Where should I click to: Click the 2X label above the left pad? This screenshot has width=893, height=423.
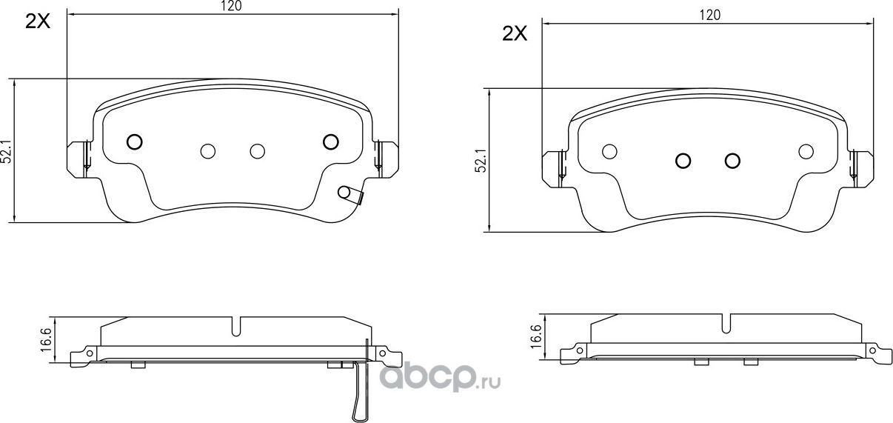[37, 21]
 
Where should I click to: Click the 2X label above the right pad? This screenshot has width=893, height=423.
[514, 33]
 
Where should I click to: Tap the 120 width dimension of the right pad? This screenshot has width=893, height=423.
[709, 15]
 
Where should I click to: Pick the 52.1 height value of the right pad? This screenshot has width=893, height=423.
[482, 161]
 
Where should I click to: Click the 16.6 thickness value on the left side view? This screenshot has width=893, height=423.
[46, 341]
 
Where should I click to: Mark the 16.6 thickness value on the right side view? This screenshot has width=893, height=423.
[535, 339]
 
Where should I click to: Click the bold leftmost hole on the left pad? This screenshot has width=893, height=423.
[134, 141]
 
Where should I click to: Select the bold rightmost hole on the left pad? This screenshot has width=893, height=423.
[330, 141]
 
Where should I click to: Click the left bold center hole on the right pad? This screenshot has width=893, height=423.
[683, 161]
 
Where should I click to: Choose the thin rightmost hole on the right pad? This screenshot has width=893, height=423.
[806, 151]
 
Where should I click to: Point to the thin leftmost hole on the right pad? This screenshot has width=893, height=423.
[609, 151]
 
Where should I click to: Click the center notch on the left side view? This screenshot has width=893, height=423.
[236, 327]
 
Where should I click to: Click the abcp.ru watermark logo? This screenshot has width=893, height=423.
[440, 379]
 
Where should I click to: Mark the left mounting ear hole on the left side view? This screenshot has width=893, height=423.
[89, 354]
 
